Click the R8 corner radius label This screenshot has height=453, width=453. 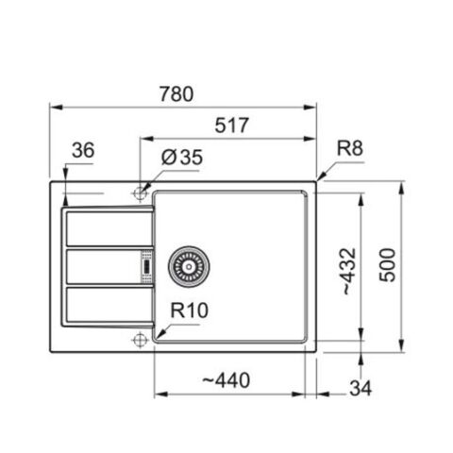pos(351,148)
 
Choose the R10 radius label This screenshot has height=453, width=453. pos(189,309)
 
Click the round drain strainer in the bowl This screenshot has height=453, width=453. pos(186,267)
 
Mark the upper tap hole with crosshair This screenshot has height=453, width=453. pos(140,193)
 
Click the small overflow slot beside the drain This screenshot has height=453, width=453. pos(146,266)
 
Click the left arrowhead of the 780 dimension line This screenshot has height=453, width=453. pos(49,107)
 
